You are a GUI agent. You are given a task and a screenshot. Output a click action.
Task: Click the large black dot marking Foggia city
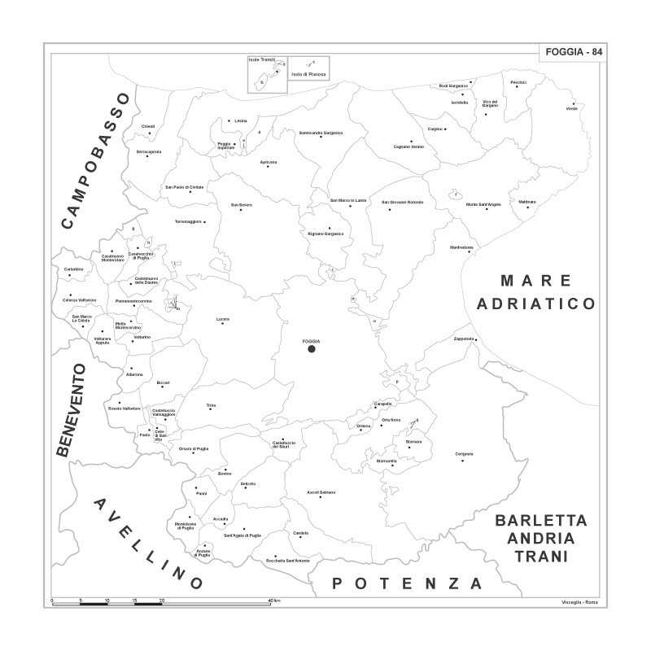point(311,349)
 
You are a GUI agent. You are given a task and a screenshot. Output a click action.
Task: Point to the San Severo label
point(242,204)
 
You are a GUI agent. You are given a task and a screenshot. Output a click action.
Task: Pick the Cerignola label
point(464,452)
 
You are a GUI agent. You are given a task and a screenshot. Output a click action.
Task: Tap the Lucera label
point(223,318)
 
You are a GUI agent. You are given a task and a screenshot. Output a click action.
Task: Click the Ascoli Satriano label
point(321,492)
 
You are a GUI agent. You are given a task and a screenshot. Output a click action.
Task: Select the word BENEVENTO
point(71,409)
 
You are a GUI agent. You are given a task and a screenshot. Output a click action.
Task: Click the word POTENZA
point(408,583)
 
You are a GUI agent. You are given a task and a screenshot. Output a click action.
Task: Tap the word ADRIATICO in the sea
point(536,304)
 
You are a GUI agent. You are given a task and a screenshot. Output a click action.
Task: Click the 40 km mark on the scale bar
point(274,601)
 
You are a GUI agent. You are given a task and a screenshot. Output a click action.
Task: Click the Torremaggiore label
point(188,221)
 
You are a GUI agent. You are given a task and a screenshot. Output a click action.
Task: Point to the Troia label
point(211,404)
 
